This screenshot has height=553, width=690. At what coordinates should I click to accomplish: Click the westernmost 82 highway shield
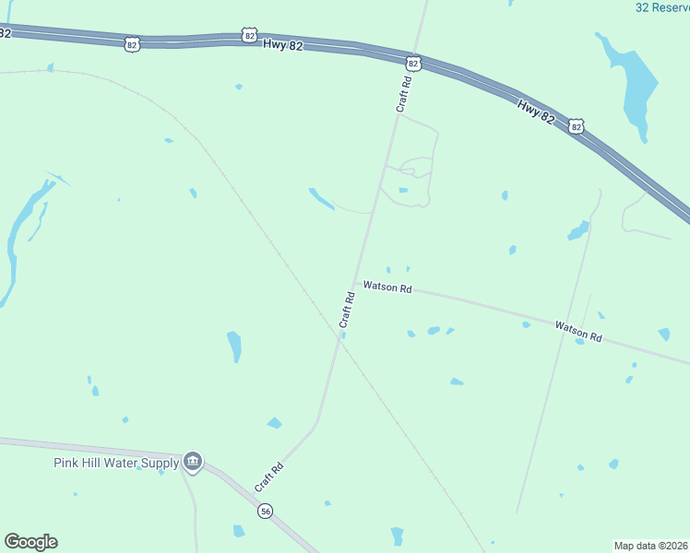coord(6,32)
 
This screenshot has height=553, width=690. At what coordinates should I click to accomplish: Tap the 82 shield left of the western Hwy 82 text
coord(133,43)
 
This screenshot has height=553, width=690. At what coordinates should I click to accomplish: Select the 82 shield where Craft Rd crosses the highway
coord(412,64)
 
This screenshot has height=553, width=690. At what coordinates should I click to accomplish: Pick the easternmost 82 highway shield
coord(577,125)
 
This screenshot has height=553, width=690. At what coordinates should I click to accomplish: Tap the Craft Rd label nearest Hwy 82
coord(403,94)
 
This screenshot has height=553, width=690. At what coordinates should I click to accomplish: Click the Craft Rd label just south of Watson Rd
coord(347,310)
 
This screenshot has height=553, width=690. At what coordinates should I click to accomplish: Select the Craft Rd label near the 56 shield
coord(268,476)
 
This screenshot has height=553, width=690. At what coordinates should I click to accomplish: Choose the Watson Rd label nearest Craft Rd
coord(387,287)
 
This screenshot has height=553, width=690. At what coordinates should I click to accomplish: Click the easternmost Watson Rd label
coord(578,331)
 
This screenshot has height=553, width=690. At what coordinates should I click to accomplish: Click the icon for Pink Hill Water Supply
coord(193,461)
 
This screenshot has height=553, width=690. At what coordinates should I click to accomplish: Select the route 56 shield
coord(266,512)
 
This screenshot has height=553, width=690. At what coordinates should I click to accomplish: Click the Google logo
coord(30,542)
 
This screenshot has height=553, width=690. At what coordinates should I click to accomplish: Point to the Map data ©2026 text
coord(650,545)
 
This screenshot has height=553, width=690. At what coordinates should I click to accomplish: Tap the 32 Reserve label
coord(662,7)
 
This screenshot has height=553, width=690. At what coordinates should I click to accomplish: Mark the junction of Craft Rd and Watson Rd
coord(355,283)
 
